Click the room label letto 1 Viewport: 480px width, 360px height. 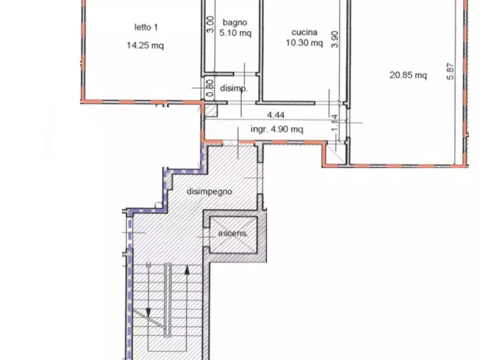(x=146, y=27)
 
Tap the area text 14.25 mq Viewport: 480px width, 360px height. (x=145, y=45)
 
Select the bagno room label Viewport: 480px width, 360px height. (x=235, y=23)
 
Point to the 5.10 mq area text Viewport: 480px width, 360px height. (x=235, y=32)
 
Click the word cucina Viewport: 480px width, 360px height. (x=304, y=32)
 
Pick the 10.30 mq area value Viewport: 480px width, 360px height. (x=304, y=42)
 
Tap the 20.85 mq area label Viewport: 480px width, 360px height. (x=408, y=75)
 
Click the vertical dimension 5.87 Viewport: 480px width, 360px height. (x=450, y=71)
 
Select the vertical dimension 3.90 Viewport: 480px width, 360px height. (x=335, y=39)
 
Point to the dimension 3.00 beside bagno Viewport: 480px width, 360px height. (x=210, y=25)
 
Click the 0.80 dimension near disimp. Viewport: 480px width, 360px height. (x=210, y=88)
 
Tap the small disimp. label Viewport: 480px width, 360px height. (x=234, y=89)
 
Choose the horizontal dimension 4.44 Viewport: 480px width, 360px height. (x=276, y=115)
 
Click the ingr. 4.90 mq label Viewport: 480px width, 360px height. (x=277, y=129)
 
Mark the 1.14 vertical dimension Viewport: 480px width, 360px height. (x=335, y=123)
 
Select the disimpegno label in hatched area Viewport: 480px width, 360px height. (x=210, y=192)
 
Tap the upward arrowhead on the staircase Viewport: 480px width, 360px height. (x=187, y=270)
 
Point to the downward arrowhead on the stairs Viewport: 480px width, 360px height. (x=148, y=312)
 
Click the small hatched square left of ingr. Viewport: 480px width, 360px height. (x=211, y=111)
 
